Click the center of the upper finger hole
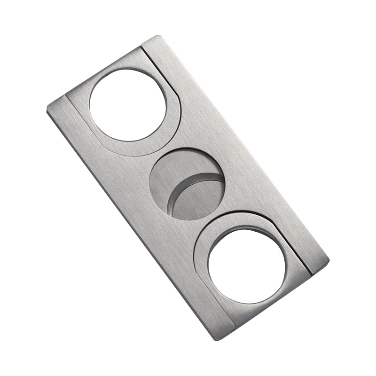pos(128,104)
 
